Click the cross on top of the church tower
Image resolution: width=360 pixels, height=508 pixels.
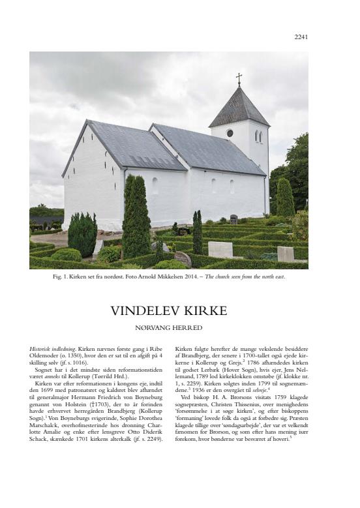tap(239, 79)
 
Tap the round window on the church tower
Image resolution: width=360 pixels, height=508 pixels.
tap(230, 133)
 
